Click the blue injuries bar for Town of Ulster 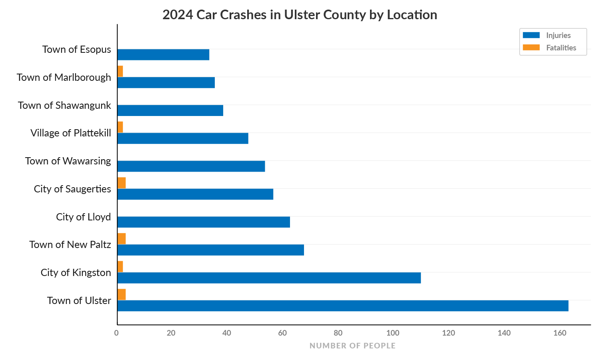tap(343, 306)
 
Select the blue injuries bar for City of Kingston tap(269, 278)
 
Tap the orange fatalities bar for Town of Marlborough tap(120, 71)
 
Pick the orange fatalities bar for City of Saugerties tap(122, 183)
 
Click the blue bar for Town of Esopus tap(163, 55)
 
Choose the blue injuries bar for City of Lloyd tap(204, 222)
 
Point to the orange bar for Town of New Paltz tap(122, 239)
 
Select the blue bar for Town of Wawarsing tap(191, 166)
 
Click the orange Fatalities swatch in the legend tap(531, 48)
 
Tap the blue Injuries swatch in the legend tap(531, 35)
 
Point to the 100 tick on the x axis tap(393, 333)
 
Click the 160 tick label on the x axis tap(560, 333)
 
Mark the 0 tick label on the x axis tap(116, 333)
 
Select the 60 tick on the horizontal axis tap(282, 333)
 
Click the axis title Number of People tap(352, 346)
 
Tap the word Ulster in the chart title tap(302, 15)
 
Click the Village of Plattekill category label tap(71, 133)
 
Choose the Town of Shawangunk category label tap(64, 105)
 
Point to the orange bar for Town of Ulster tap(122, 294)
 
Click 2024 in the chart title tap(178, 15)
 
